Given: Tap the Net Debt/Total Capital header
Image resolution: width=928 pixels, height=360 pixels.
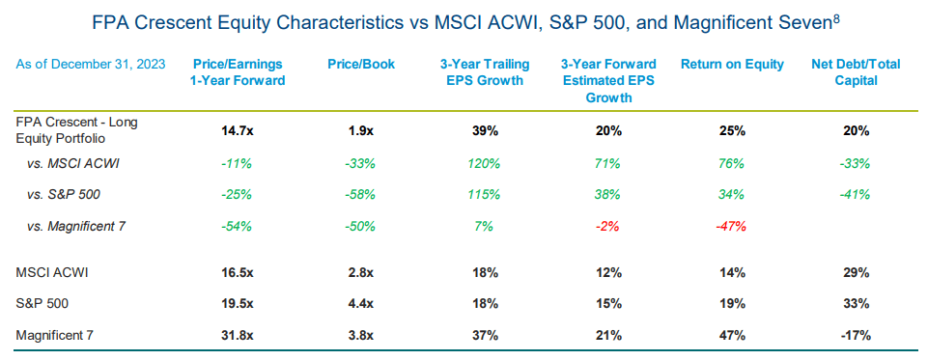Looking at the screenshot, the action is pyautogui.click(x=856, y=72).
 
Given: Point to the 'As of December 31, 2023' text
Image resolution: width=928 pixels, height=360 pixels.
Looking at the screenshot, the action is pyautogui.click(x=91, y=65).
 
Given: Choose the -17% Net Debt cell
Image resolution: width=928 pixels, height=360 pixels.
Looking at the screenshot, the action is pyautogui.click(x=856, y=336).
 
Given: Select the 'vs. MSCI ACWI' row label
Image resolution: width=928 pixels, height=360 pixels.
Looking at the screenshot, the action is pyautogui.click(x=75, y=164).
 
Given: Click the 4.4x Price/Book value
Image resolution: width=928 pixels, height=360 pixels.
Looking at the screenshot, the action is pyautogui.click(x=360, y=304).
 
